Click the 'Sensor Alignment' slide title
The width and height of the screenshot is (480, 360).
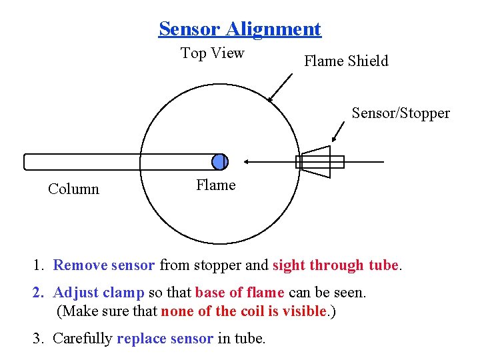click(x=240, y=29)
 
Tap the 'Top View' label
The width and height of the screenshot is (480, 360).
click(x=213, y=53)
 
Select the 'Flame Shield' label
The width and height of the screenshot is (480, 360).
click(x=346, y=61)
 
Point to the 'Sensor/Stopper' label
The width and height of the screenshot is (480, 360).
click(x=401, y=113)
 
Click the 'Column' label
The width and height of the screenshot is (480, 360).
click(x=73, y=189)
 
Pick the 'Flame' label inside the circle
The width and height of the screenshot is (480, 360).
click(x=215, y=185)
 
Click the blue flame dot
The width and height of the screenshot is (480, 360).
click(x=219, y=161)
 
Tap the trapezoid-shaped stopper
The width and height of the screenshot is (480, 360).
click(x=314, y=162)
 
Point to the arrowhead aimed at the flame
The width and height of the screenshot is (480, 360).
click(x=248, y=161)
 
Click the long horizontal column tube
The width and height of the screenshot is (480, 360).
click(x=120, y=162)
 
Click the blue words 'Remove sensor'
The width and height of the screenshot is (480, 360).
click(x=103, y=265)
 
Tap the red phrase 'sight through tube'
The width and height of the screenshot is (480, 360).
click(x=335, y=265)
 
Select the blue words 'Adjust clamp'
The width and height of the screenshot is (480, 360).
click(x=99, y=293)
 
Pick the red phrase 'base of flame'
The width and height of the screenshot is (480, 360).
click(x=239, y=293)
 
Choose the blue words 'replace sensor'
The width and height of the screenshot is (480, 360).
click(x=165, y=338)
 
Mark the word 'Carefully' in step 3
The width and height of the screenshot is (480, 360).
click(x=82, y=338)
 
